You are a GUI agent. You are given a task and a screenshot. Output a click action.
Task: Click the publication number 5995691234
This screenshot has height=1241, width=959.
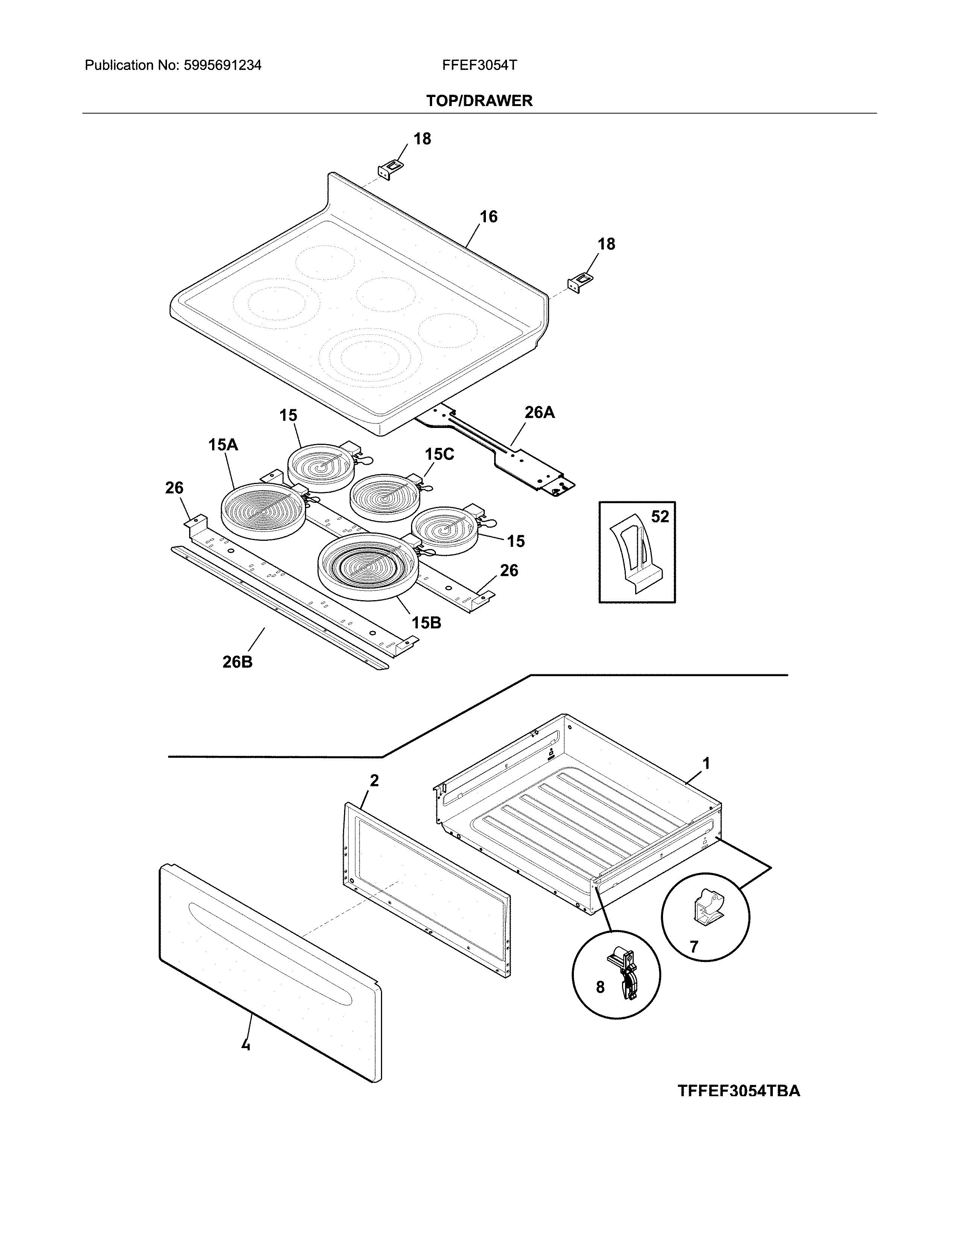(x=222, y=65)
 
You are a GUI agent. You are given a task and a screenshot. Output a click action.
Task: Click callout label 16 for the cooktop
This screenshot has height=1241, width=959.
(x=488, y=217)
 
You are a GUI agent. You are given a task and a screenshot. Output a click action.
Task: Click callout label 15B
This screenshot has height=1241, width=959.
(x=426, y=623)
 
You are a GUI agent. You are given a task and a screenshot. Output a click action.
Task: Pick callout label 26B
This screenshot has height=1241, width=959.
(x=237, y=661)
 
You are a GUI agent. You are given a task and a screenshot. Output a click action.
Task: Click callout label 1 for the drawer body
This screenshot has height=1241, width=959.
(x=706, y=764)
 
